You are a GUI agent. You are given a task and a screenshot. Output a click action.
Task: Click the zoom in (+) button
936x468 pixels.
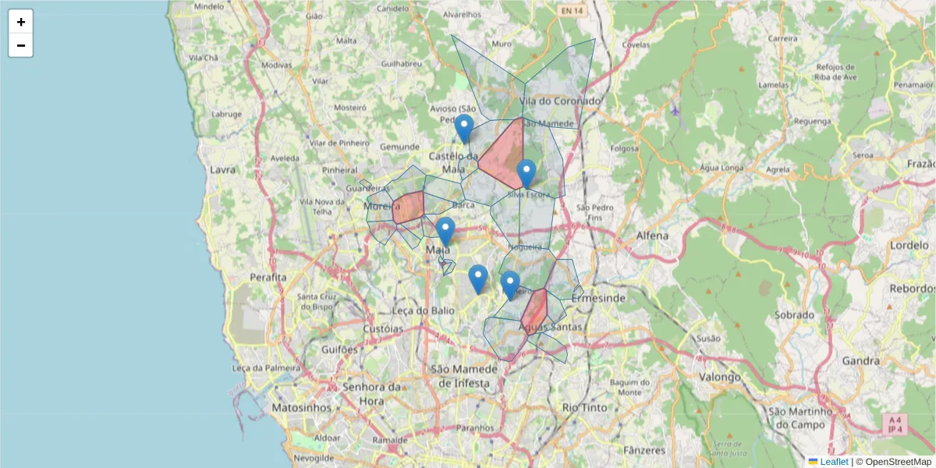click(x=21, y=22)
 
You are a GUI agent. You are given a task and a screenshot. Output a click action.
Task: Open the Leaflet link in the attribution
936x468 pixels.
click(x=834, y=462)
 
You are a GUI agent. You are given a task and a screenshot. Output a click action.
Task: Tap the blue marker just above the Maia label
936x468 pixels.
click(x=445, y=232)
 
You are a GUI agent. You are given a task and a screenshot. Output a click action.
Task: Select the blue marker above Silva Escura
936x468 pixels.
click(x=526, y=173)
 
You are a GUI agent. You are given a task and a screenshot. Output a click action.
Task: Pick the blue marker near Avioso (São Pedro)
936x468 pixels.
click(x=464, y=128)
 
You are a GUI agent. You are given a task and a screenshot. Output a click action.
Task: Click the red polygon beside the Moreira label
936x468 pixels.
click(x=409, y=207)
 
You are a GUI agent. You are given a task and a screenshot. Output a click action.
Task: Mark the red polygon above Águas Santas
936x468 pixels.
click(x=534, y=308)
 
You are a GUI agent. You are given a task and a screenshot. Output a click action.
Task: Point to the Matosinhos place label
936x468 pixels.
click(x=302, y=408)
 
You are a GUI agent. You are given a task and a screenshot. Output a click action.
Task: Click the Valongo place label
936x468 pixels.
click(x=720, y=377)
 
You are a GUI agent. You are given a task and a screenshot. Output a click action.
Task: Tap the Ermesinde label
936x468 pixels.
click(x=598, y=299)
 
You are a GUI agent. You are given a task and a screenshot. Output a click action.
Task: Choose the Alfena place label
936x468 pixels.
click(x=652, y=236)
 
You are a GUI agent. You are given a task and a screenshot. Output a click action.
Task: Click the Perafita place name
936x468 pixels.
click(x=268, y=277)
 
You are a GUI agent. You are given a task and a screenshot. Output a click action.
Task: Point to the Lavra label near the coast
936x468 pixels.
click(x=222, y=169)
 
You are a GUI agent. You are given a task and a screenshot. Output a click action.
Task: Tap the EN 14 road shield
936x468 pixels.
click(x=571, y=11)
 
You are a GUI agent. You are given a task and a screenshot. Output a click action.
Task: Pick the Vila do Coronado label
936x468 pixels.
click(x=560, y=101)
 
